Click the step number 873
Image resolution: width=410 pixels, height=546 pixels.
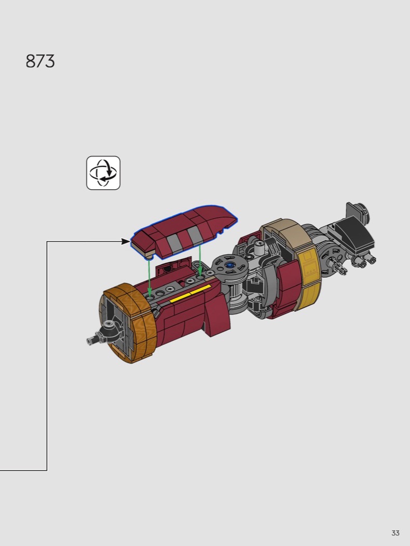(x=40, y=61)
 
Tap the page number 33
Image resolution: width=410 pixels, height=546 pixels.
(x=395, y=533)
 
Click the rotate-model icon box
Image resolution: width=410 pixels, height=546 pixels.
(x=103, y=173)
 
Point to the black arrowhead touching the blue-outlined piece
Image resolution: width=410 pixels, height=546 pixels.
(x=126, y=241)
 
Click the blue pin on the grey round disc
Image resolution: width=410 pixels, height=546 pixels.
(x=229, y=265)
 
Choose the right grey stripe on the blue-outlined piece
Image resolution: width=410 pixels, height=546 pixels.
(x=192, y=234)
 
